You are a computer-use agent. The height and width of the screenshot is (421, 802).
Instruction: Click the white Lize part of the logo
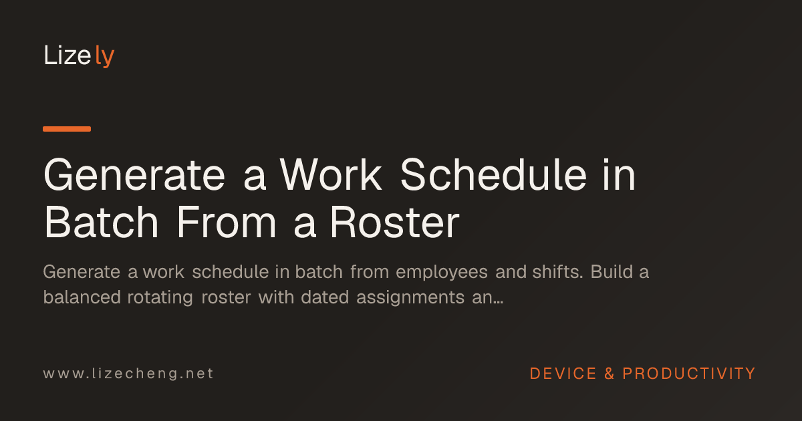click(x=68, y=55)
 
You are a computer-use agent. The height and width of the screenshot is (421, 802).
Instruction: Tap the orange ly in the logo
click(x=105, y=56)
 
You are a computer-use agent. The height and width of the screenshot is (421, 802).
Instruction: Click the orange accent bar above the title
click(x=67, y=129)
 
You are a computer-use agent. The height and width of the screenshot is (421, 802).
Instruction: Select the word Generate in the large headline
click(x=134, y=175)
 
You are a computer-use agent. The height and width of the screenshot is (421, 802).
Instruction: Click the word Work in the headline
click(x=331, y=175)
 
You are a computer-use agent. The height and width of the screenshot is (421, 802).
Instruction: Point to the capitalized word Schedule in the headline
click(x=494, y=175)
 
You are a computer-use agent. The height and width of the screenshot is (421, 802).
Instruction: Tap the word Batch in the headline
click(x=101, y=222)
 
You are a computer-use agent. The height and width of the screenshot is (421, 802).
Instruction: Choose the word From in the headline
click(x=227, y=222)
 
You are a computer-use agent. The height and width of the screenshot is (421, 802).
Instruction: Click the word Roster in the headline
click(x=394, y=222)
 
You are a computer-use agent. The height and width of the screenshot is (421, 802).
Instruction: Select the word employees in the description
click(x=442, y=272)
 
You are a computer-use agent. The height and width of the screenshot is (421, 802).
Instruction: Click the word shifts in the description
click(x=558, y=272)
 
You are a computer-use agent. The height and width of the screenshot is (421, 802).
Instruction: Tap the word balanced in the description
click(x=82, y=297)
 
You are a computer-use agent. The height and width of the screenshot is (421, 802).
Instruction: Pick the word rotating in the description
click(x=160, y=298)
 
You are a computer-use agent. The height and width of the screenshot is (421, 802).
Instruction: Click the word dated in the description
click(x=325, y=297)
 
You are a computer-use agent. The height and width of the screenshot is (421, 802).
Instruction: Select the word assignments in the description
click(x=410, y=298)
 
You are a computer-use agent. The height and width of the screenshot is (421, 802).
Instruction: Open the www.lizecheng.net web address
click(x=128, y=374)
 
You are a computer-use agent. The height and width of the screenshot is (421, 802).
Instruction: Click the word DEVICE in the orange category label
click(x=563, y=374)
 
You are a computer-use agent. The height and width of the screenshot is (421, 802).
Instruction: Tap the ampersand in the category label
click(x=610, y=374)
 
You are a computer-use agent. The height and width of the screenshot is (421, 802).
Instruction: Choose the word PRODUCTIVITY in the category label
click(x=689, y=374)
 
